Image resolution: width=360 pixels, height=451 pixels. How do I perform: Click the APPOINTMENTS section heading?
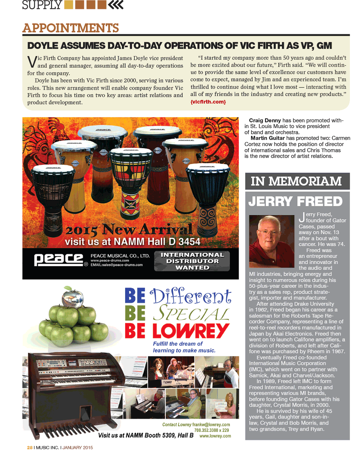coord(71,28)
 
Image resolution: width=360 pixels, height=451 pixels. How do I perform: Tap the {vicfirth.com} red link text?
coord(208,102)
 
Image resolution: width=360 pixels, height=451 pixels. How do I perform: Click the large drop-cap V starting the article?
coord(32,62)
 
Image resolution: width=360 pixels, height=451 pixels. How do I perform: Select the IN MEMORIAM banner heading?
coord(296,181)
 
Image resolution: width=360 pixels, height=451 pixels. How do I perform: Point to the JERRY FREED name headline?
coord(295,201)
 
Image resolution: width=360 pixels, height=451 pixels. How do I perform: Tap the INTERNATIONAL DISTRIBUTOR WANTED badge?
coord(192,261)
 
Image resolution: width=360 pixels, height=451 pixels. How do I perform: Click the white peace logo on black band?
coord(59,259)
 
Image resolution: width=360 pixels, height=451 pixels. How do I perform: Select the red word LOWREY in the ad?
coord(191,330)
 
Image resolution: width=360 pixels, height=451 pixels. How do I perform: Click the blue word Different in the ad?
coord(190,296)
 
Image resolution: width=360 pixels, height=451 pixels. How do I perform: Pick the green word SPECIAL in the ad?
coord(191,313)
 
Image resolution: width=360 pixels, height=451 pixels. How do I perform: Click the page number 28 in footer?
coord(30,447)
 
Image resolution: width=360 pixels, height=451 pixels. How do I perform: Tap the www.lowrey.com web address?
coord(215,436)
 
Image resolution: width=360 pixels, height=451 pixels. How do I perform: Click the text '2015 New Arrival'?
coord(129,229)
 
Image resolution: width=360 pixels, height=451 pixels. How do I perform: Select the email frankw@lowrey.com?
coord(211,425)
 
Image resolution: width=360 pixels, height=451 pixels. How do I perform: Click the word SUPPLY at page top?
coord(42,5)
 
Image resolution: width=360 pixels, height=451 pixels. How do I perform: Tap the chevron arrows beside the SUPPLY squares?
coord(116,5)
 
